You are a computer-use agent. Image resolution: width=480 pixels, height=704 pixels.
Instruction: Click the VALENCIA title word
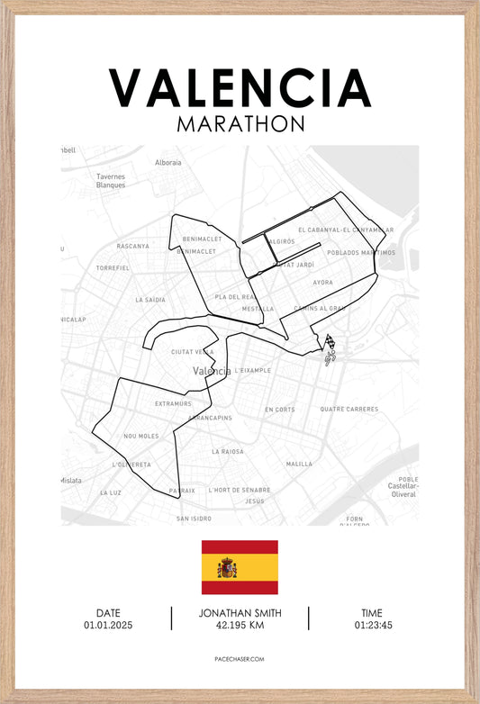pyautogui.click(x=240, y=87)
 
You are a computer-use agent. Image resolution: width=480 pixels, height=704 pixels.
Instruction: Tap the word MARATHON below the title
pyautogui.click(x=240, y=123)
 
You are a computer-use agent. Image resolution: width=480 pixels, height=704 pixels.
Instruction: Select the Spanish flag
pyautogui.click(x=240, y=567)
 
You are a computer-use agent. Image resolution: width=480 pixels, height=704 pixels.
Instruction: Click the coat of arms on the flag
pyautogui.click(x=227, y=567)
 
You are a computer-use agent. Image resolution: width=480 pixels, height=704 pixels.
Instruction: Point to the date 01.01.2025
pyautogui.click(x=108, y=625)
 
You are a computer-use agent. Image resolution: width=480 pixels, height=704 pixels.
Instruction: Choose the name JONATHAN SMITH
pyautogui.click(x=240, y=613)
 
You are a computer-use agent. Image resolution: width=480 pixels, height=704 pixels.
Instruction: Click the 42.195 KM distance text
pyautogui.click(x=240, y=625)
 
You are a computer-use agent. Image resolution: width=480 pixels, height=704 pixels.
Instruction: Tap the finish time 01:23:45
pyautogui.click(x=373, y=625)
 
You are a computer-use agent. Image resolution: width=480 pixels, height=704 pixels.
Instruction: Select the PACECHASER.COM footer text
pyautogui.click(x=240, y=659)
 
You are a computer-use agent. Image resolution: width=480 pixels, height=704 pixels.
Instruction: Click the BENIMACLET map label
pyautogui.click(x=199, y=239)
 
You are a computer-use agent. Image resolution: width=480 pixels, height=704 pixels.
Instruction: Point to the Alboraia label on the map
pyautogui.click(x=168, y=163)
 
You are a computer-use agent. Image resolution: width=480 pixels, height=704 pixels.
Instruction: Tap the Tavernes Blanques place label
pyautogui.click(x=112, y=181)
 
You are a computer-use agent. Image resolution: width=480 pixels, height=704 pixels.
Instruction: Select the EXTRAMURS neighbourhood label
pyautogui.click(x=173, y=403)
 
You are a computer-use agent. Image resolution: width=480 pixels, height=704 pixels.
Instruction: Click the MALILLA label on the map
pyautogui.click(x=299, y=464)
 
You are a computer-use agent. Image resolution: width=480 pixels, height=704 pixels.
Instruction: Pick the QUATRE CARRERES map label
pyautogui.click(x=349, y=409)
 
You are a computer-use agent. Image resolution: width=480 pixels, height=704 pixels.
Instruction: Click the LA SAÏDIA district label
pyautogui.click(x=150, y=300)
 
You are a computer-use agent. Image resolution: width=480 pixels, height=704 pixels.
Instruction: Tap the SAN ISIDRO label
pyautogui.click(x=194, y=519)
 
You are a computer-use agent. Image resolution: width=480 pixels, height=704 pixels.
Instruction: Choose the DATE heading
pyautogui.click(x=108, y=613)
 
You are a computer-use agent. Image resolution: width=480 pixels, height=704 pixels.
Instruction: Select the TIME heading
pyautogui.click(x=373, y=613)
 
